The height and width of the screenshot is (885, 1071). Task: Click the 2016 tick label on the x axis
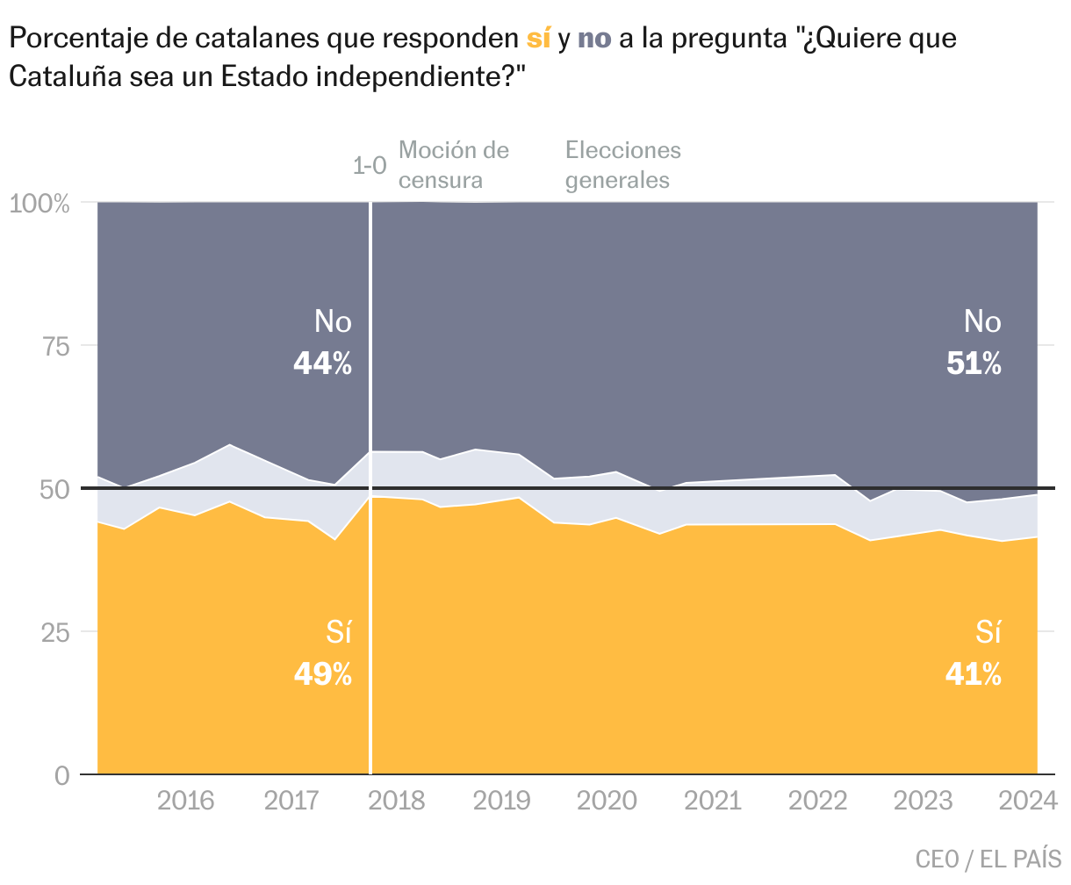click(185, 801)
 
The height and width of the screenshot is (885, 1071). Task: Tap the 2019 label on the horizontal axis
click(501, 801)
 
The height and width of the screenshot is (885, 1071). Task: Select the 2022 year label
click(817, 801)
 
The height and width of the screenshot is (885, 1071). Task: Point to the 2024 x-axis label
click(1028, 801)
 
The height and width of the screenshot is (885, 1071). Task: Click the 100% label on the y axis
click(40, 204)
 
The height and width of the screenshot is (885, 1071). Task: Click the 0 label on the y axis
click(62, 775)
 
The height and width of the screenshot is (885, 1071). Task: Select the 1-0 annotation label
click(370, 166)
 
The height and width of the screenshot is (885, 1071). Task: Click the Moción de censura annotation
click(453, 165)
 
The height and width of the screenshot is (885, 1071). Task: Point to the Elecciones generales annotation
click(622, 165)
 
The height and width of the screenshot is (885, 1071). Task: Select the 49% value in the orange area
click(322, 674)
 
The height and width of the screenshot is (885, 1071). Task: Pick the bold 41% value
click(974, 674)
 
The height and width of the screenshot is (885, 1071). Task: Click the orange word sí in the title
click(538, 40)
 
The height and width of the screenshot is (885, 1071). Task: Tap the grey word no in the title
click(594, 40)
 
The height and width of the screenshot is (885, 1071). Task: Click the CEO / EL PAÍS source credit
click(988, 859)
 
